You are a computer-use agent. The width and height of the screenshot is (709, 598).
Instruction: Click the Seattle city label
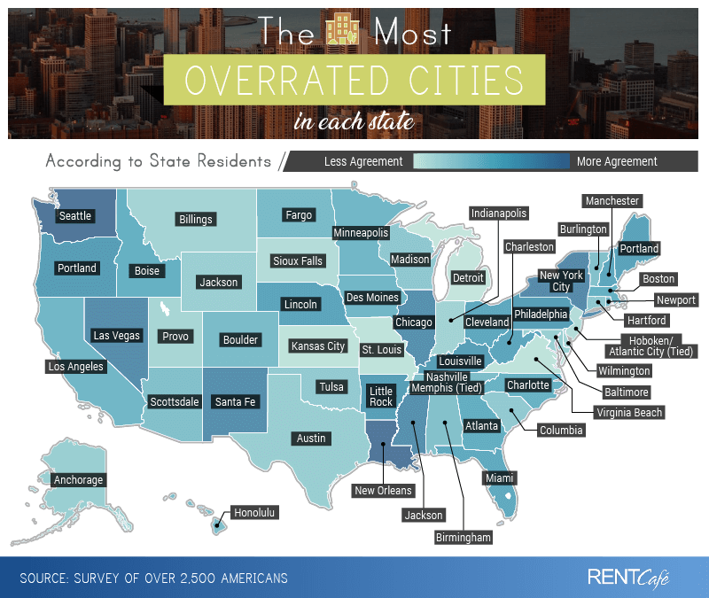[x=75, y=215]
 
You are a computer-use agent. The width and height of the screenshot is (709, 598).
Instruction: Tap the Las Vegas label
[x=115, y=336]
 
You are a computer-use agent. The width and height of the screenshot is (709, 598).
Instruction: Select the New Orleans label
[x=383, y=491]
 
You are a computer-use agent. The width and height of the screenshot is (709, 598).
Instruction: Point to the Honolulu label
[x=255, y=512]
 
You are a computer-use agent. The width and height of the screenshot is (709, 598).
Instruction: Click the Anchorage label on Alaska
[x=79, y=480]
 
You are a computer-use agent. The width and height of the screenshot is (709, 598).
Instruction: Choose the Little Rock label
[x=381, y=396]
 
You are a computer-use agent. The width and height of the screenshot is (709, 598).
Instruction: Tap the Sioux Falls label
[x=298, y=260]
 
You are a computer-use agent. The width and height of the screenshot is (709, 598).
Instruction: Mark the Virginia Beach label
[x=629, y=412]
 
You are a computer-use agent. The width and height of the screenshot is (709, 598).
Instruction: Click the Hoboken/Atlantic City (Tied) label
[x=657, y=346]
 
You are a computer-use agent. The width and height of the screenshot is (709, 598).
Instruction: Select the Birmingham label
[x=463, y=537]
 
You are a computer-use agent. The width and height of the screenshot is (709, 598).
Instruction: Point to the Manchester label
[x=612, y=201]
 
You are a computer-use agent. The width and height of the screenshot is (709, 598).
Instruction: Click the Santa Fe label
[x=236, y=401]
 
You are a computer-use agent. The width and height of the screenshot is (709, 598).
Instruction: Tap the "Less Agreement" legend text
[x=363, y=161]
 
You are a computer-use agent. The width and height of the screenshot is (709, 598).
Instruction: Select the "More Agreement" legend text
[x=617, y=161]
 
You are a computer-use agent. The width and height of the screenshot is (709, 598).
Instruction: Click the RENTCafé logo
[x=628, y=578]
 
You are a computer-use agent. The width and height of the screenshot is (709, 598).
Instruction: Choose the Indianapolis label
[x=499, y=214]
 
